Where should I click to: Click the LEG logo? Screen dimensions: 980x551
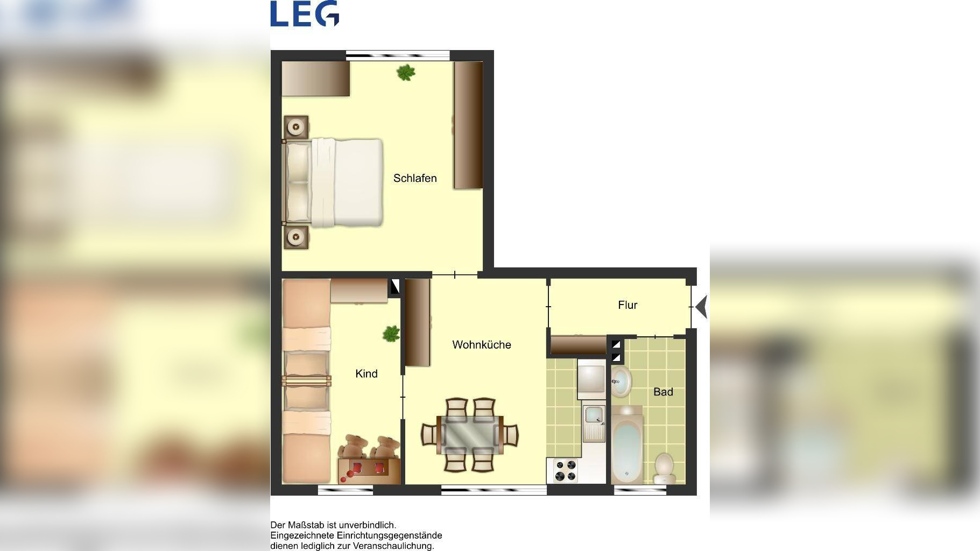(305, 13)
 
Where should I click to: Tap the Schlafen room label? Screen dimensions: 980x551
(415, 178)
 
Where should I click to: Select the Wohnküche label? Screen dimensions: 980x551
(482, 344)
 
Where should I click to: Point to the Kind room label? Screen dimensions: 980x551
(366, 373)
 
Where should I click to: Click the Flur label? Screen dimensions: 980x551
(628, 305)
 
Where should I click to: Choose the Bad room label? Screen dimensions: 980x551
(663, 392)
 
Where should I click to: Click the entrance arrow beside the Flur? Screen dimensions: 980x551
(701, 307)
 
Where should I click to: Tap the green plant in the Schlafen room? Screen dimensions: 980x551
(406, 72)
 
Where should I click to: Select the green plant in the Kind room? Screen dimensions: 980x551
(391, 334)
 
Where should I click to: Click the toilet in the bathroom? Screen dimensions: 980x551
(664, 468)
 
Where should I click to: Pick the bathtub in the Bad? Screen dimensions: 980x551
(626, 445)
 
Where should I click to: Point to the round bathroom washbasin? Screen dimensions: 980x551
(621, 382)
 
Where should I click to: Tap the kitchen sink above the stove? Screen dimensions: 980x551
(595, 422)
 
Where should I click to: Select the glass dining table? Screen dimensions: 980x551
(470, 435)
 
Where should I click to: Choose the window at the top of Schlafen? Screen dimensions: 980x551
(398, 54)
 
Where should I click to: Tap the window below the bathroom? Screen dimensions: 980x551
(640, 490)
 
